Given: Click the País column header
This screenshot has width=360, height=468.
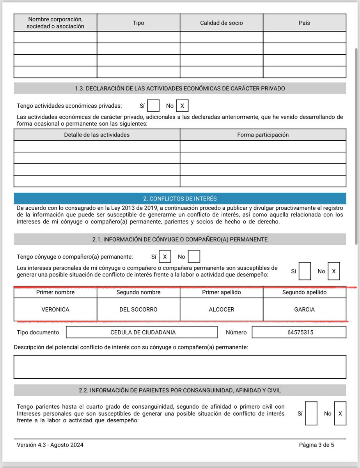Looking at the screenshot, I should [304, 23].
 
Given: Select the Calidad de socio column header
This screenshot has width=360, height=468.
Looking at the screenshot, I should [221, 23].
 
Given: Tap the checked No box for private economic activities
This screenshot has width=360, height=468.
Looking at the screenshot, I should [182, 106].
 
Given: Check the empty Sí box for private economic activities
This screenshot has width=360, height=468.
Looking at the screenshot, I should [153, 106].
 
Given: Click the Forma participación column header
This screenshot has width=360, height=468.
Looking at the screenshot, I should [263, 135].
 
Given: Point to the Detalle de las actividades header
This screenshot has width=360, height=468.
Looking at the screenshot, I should [97, 135].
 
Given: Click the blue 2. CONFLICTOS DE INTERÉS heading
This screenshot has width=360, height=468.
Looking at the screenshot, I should [180, 199].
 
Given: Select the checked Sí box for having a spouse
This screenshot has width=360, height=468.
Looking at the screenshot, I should [165, 257].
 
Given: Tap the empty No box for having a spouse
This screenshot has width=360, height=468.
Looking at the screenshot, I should [194, 257].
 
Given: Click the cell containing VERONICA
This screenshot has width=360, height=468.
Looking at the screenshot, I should [55, 310].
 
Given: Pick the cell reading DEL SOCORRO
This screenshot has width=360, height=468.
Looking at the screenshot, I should [138, 310].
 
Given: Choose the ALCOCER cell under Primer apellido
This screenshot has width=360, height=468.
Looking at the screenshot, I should [221, 310].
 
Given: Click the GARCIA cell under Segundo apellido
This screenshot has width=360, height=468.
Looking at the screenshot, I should [304, 310].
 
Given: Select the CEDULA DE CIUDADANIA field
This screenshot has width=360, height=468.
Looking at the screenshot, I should [142, 332].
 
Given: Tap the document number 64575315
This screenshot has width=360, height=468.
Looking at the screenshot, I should [299, 332].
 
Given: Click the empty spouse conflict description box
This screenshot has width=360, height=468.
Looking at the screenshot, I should [180, 367].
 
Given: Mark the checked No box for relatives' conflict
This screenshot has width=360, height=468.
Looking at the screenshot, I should [340, 413].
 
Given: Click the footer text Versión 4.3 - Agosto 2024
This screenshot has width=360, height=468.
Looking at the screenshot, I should [50, 445].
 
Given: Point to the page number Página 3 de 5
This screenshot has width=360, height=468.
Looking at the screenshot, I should [316, 445].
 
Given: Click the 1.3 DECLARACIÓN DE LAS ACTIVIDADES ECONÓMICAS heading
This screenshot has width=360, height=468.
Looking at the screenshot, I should [180, 89].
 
